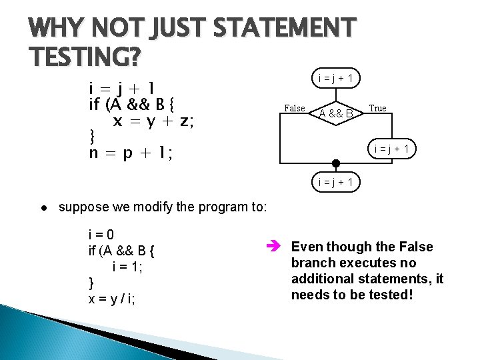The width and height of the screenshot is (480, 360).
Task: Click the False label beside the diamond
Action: tap(295, 109)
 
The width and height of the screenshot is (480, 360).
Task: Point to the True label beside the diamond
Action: tap(377, 109)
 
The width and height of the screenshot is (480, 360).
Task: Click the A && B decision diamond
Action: tap(335, 113)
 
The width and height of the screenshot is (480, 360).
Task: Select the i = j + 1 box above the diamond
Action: tap(335, 79)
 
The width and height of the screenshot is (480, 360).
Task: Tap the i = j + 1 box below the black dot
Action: tap(335, 181)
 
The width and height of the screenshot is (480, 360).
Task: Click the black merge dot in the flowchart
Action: tap(335, 163)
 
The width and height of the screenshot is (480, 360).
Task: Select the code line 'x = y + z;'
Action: tap(153, 121)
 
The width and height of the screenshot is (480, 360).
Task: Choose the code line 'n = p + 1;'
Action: tap(131, 153)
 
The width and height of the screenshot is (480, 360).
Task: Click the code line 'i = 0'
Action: tap(101, 235)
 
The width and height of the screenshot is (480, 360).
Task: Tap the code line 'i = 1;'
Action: tap(128, 267)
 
